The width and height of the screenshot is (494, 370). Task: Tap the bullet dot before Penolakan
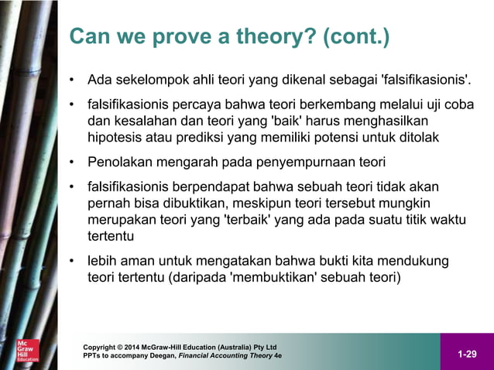[x=71, y=163]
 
